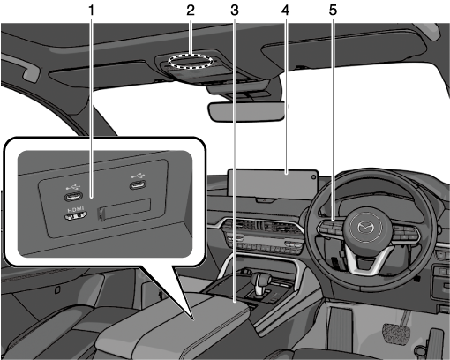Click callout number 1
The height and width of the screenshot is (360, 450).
[x=92, y=11]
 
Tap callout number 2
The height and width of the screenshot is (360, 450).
[x=191, y=11]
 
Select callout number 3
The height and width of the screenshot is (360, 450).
[x=235, y=11]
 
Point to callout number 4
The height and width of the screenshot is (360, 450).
[x=285, y=11]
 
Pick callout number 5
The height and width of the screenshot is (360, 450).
[x=333, y=11]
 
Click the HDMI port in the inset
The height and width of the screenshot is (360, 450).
[x=76, y=216]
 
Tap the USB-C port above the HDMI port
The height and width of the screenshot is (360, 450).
[x=73, y=196]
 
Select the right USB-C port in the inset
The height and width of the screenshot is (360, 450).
[x=138, y=185]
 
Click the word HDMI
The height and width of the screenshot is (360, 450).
[x=76, y=209]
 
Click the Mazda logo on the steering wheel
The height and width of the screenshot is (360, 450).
[x=365, y=228]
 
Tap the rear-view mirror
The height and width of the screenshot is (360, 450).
[x=246, y=111]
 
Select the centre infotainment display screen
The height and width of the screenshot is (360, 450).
[x=274, y=184]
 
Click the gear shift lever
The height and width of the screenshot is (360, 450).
[x=260, y=282]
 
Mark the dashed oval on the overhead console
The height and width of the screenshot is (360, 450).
[x=191, y=61]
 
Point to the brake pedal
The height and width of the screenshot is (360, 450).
[x=395, y=334]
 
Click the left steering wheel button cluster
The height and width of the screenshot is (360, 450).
[x=331, y=228]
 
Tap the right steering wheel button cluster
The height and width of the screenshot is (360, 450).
[x=405, y=232]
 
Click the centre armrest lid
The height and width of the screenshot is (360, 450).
[x=174, y=324]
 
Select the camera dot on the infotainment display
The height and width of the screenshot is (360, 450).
[x=314, y=176]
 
